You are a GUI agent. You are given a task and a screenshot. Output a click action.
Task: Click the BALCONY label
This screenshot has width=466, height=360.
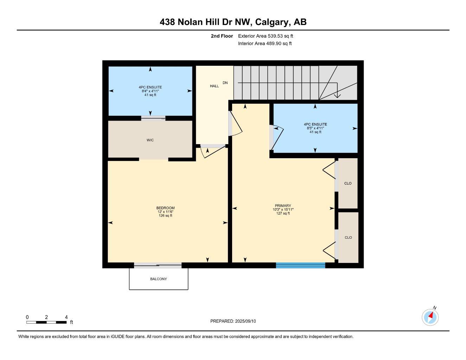(158, 279)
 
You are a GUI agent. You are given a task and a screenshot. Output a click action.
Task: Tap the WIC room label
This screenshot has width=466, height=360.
(150, 140)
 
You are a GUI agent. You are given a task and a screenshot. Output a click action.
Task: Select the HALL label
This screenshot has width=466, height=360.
(214, 86)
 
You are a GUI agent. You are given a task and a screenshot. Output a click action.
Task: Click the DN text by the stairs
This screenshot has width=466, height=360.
(225, 83)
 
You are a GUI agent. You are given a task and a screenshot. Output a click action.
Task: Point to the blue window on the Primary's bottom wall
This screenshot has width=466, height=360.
(300, 265)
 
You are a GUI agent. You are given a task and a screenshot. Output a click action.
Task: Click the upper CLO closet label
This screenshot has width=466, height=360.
(348, 184)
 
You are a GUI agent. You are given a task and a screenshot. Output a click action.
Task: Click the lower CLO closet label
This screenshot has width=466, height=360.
(348, 238)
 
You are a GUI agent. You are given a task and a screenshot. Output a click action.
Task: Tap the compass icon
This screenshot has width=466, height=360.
(430, 317)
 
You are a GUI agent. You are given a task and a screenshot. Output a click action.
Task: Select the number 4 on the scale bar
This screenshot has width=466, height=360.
(66, 317)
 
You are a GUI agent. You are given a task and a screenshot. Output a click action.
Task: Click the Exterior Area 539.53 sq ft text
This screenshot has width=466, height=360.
(266, 36)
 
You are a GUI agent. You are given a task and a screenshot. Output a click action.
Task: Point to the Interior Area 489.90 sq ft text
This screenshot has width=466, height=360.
(265, 44)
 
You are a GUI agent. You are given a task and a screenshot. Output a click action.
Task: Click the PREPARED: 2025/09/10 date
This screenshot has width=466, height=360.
(233, 321)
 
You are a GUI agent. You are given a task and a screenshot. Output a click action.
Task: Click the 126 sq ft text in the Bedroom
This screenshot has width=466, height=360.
(165, 216)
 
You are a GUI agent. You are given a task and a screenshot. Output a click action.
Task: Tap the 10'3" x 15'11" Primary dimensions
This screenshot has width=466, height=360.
(283, 210)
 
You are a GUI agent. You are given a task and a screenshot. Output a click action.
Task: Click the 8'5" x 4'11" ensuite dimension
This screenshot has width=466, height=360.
(315, 128)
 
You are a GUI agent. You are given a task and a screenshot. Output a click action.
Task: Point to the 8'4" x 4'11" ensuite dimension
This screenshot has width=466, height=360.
(150, 91)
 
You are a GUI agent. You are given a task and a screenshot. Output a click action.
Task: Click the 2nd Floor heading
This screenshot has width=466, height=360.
(222, 36)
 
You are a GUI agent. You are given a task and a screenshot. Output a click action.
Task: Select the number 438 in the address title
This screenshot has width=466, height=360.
(167, 22)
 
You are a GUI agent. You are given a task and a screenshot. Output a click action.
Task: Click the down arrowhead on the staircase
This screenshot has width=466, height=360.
(337, 95)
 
